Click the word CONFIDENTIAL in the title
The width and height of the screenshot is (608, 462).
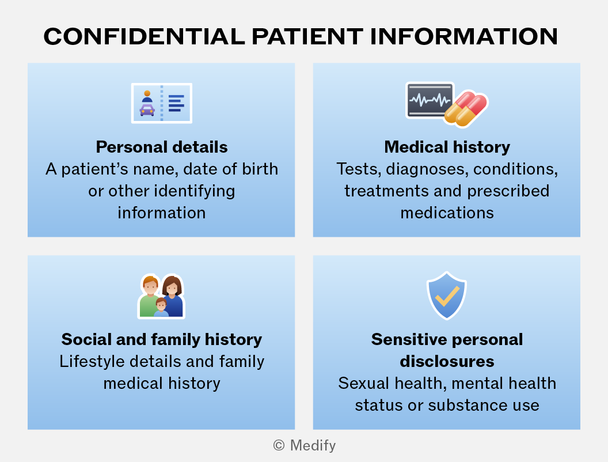pos(145,36)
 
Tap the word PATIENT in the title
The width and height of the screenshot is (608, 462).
pos(307,36)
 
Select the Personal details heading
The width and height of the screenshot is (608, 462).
pos(162,147)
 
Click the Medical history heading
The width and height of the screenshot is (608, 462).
pos(447,147)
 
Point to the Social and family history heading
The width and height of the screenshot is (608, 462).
pos(162,340)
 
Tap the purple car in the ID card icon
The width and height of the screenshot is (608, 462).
pos(147,110)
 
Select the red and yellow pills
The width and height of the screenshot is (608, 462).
pos(466,109)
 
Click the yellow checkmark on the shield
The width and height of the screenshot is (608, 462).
pos(447,296)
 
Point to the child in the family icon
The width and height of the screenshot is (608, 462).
pos(161,307)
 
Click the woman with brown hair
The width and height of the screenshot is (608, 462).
pos(173,296)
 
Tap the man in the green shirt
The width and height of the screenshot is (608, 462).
pos(149,296)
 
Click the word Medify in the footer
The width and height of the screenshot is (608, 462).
pos(313,445)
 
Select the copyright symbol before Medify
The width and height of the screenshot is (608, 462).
pos(279,445)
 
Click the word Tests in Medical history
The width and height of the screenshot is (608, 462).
pos(358,169)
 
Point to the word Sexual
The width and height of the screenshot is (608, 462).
pos(363,383)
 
